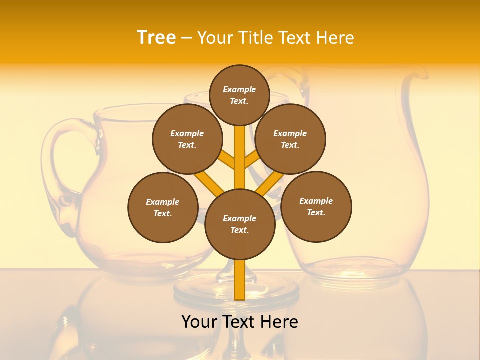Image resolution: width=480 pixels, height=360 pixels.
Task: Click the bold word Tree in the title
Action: click(x=156, y=37)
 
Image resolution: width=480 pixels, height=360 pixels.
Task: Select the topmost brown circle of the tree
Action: click(x=239, y=95)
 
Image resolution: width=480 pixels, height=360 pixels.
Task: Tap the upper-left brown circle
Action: click(x=187, y=139)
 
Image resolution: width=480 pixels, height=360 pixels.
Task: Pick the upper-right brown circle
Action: click(x=290, y=139)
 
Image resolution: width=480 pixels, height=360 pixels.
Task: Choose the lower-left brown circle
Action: click(x=163, y=207)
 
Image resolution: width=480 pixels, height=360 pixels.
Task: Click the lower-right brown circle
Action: click(x=316, y=206)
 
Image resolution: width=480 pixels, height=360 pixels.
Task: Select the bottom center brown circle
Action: click(x=240, y=224)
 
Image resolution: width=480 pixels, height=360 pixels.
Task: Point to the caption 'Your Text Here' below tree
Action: click(x=240, y=321)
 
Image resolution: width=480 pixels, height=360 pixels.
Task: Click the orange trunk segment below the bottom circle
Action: click(x=240, y=280)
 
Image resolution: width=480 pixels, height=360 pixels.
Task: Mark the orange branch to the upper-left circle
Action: click(x=227, y=160)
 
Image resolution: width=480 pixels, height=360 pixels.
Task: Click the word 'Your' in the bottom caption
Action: click(x=199, y=321)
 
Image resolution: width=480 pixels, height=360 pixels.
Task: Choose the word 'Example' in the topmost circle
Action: click(x=239, y=89)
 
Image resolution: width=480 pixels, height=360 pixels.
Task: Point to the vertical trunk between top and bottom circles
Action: click(x=240, y=160)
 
